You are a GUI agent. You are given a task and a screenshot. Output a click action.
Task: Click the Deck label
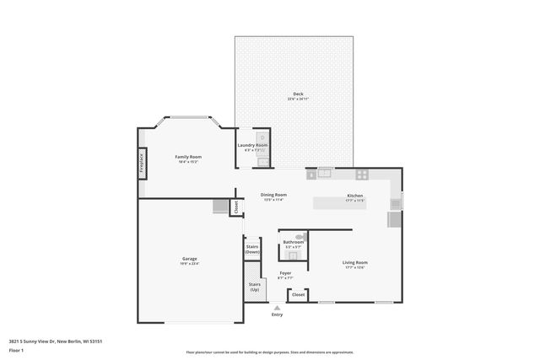pos(298,94)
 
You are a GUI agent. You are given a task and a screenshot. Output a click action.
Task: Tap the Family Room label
pos(188,157)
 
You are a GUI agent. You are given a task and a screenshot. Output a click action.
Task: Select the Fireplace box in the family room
pos(141,163)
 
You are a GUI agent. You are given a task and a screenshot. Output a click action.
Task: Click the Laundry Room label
pos(252,145)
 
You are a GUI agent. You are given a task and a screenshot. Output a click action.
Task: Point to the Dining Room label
pos(273,195)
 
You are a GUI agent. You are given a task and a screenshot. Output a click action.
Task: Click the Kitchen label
pos(355,196)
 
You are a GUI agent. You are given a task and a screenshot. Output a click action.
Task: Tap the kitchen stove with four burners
pos(362,175)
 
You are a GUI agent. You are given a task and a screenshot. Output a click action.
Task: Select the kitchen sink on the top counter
pos(324,174)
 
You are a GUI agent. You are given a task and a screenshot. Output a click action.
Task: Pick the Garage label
pos(189,259)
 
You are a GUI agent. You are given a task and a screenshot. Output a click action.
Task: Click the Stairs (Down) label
pos(252,250)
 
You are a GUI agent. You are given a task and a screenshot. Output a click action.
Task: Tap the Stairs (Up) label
pos(254,287)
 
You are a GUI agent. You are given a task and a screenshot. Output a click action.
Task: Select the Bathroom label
pos(293,242)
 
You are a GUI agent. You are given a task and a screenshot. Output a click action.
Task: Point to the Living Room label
pos(354,262)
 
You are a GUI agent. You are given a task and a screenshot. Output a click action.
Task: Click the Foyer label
pos(286,273)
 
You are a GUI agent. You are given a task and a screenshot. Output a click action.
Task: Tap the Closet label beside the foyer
pos(298,295)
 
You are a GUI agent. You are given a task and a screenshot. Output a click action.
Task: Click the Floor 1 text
pos(16,349)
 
